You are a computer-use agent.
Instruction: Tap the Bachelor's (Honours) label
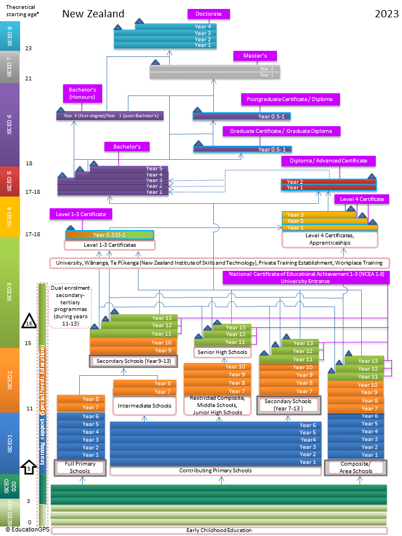83,93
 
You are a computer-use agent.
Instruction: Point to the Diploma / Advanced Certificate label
328,161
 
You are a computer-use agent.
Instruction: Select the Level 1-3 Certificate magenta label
81,214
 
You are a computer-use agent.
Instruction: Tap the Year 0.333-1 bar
109,235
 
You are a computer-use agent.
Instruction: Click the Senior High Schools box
222,352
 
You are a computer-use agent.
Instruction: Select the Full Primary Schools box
80,467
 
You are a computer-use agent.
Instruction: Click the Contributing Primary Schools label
215,471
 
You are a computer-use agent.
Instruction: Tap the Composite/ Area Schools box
355,467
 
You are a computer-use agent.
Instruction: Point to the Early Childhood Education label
219,530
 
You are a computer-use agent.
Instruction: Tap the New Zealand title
93,14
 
